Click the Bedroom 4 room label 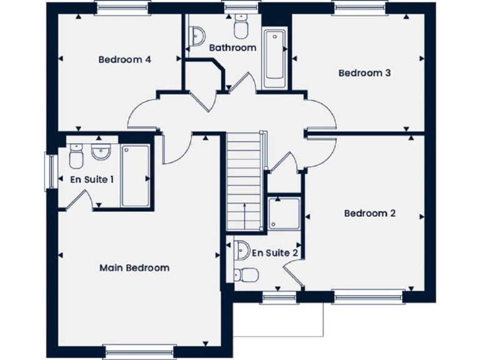click(125, 60)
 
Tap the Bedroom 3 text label click(364, 72)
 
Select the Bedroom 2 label click(370, 213)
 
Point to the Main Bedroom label click(134, 267)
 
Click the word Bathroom click(232, 47)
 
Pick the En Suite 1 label click(92, 179)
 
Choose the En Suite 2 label click(274, 253)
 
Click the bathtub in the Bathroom click(274, 58)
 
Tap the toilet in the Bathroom click(240, 27)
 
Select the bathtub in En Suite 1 click(134, 176)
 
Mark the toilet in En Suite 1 click(76, 156)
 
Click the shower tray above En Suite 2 click(284, 214)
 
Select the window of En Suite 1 click(48, 171)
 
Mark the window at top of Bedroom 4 click(122, 7)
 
